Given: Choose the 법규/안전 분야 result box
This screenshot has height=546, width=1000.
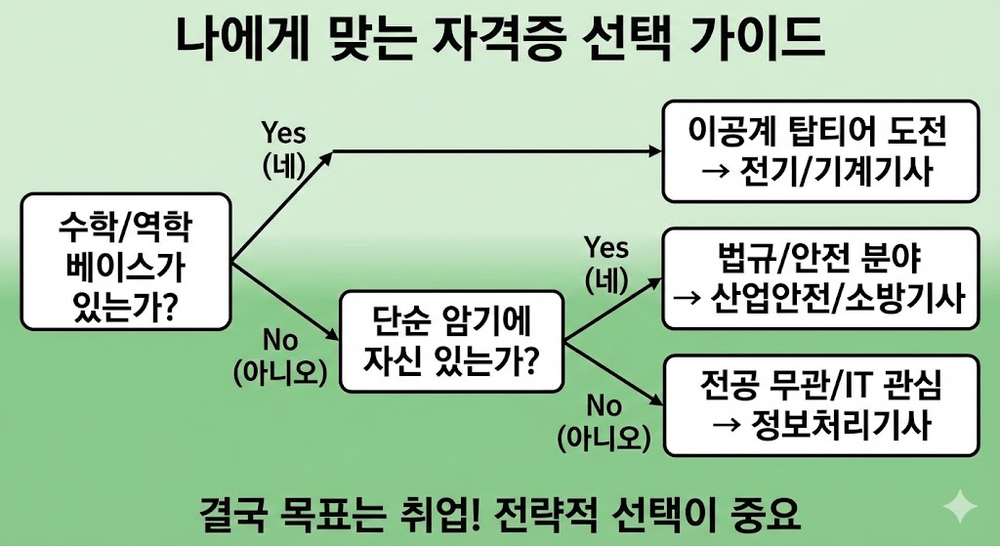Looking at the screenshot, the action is pyautogui.click(x=819, y=277).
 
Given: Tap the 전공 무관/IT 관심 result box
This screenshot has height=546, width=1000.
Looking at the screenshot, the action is pyautogui.click(x=819, y=405).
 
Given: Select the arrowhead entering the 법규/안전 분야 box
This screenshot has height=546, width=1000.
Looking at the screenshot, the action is pyautogui.click(x=653, y=279).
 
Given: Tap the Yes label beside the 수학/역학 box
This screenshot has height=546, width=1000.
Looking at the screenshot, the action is pyautogui.click(x=284, y=133).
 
